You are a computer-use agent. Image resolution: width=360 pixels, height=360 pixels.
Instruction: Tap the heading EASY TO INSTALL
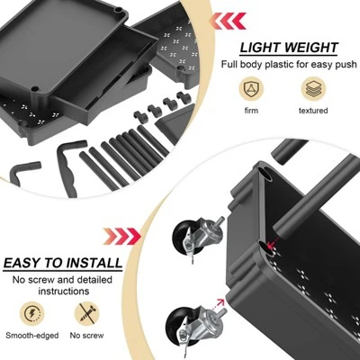pyautogui.click(x=62, y=264)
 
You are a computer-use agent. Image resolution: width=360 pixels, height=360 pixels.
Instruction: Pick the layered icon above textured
pyautogui.click(x=314, y=88)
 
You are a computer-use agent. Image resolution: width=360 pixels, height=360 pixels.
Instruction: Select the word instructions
pyautogui.click(x=63, y=292)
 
